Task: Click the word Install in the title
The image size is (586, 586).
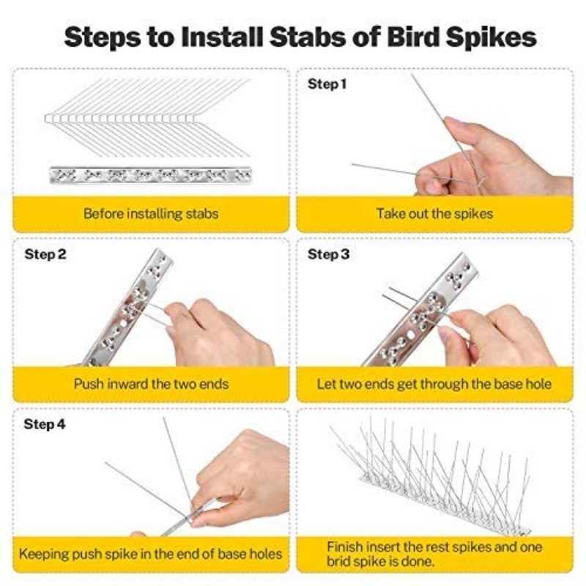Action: tap(223, 37)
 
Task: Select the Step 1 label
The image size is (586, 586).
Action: tap(327, 84)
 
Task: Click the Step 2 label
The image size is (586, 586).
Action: tap(45, 254)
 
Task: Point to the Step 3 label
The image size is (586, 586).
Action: tap(328, 254)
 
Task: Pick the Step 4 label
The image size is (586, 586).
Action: tap(45, 424)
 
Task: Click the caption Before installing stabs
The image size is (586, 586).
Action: tap(151, 214)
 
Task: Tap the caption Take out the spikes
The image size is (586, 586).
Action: tap(434, 214)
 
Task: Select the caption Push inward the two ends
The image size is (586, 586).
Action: tap(151, 384)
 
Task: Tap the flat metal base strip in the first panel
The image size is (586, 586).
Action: tap(151, 175)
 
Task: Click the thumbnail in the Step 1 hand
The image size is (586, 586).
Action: tap(430, 186)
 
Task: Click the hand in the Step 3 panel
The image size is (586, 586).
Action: tap(497, 336)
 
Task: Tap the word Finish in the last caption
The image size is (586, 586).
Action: tap(344, 547)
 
